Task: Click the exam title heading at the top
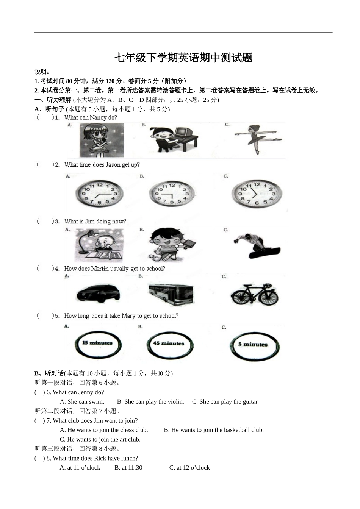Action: pyautogui.click(x=183, y=58)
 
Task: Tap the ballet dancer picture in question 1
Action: pyautogui.click(x=257, y=139)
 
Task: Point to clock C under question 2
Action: pyautogui.click(x=257, y=194)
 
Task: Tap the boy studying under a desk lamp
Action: pyautogui.click(x=99, y=245)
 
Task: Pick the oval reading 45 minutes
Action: pyautogui.click(x=169, y=344)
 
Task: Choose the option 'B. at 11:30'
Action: pyautogui.click(x=128, y=467)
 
